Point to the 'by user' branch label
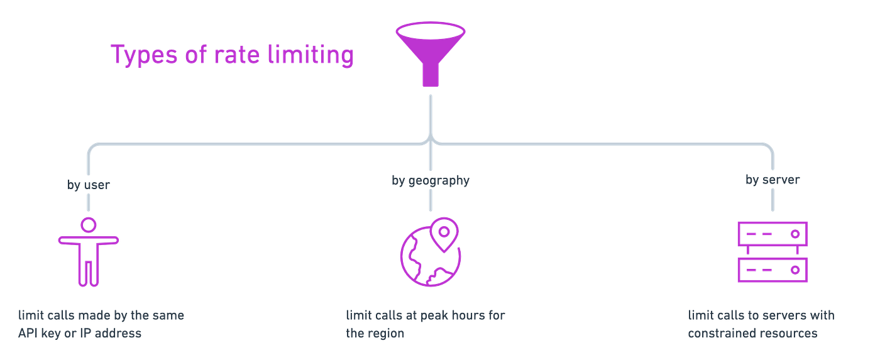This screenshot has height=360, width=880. [89, 184]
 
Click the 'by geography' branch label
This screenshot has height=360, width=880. [430, 182]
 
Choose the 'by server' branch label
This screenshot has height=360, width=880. [772, 181]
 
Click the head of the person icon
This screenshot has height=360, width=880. [89, 225]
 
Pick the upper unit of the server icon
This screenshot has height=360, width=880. [772, 234]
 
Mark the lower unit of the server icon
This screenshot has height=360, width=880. [772, 270]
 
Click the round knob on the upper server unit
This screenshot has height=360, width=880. [795, 234]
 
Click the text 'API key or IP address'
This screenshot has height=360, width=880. [80, 333]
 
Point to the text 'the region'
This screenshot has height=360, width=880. [374, 333]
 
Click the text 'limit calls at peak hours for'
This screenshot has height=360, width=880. [426, 314]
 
